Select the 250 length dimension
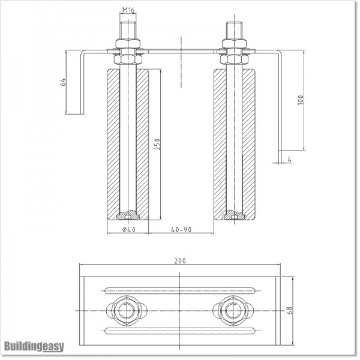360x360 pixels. pos(158,145)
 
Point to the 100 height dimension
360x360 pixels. pos(300,100)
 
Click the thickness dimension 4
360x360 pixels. pos(289,160)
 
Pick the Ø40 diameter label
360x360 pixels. pos(127,229)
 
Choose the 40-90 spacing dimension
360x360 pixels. pos(181,229)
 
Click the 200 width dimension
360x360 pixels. pos(180,261)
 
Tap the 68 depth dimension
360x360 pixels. pos(290,310)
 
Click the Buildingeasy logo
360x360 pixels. pos(34,346)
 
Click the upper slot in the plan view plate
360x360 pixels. pos(180,290)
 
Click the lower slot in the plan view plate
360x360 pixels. pos(180,329)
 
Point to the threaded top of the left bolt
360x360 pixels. pos(127,29)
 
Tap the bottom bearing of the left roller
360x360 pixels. pos(127,214)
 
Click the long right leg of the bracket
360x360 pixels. pos(278,102)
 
